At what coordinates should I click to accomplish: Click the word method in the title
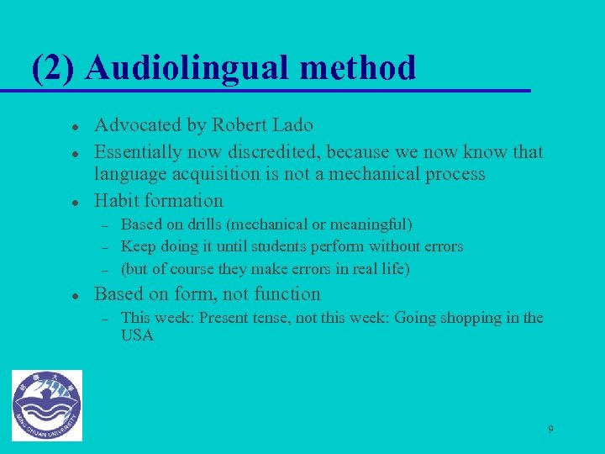(x=366, y=67)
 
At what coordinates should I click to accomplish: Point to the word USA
(x=137, y=335)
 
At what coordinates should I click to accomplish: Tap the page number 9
(x=550, y=429)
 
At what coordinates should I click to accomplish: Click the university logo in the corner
(x=47, y=404)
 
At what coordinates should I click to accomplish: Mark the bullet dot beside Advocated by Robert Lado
(x=75, y=127)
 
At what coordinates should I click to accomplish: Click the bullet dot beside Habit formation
(x=75, y=202)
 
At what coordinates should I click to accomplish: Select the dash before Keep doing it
(x=106, y=247)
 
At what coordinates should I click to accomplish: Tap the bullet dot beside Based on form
(x=75, y=296)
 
